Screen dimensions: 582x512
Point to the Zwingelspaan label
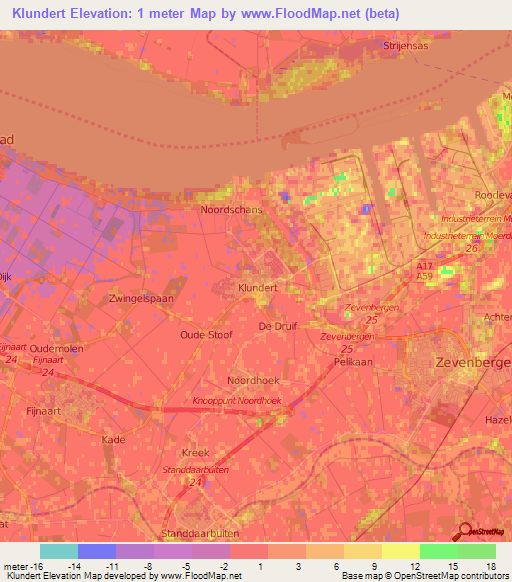point(141,298)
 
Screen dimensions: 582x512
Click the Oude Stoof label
point(206,335)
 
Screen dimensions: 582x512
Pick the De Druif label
point(278,326)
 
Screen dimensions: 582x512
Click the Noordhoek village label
point(252,381)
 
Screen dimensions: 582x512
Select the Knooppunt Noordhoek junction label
point(236,400)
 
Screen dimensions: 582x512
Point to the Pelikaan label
point(352,364)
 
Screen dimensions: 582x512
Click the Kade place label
point(113,439)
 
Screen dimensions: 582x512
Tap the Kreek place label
point(196,452)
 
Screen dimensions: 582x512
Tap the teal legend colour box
point(59,551)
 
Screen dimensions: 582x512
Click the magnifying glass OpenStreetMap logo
point(465,533)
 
